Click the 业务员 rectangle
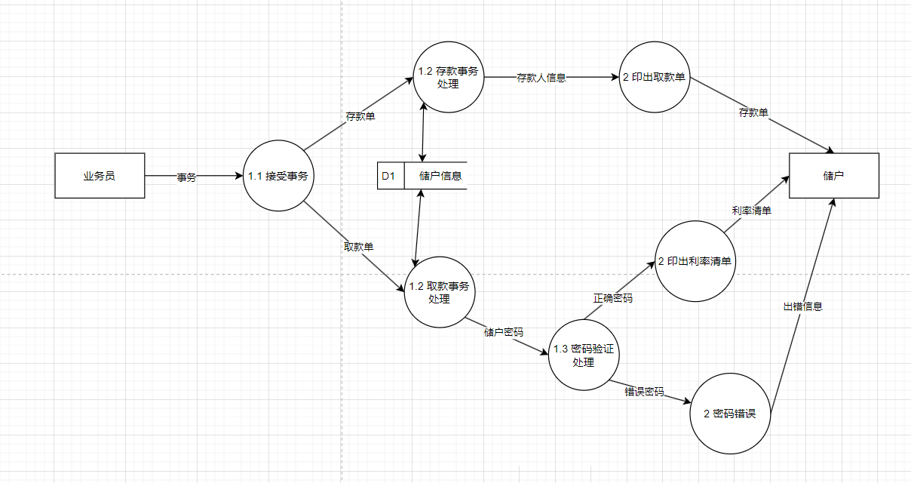[x=100, y=176]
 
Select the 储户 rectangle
[x=833, y=176]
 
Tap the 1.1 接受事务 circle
[x=278, y=176]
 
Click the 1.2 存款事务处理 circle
[x=448, y=77]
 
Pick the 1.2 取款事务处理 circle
[x=439, y=292]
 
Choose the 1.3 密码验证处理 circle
[x=584, y=355]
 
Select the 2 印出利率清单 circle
[x=695, y=261]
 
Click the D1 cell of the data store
[x=390, y=176]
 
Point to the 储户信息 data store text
[x=440, y=176]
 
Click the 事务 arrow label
[x=186, y=177]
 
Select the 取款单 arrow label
[x=358, y=247]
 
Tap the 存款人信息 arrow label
[x=541, y=77]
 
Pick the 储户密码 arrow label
[x=503, y=332]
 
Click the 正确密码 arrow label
[x=612, y=298]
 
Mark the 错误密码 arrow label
[x=644, y=392]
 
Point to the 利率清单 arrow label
[x=751, y=211]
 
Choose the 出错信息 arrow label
[x=802, y=306]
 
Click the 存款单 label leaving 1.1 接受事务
[x=360, y=117]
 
